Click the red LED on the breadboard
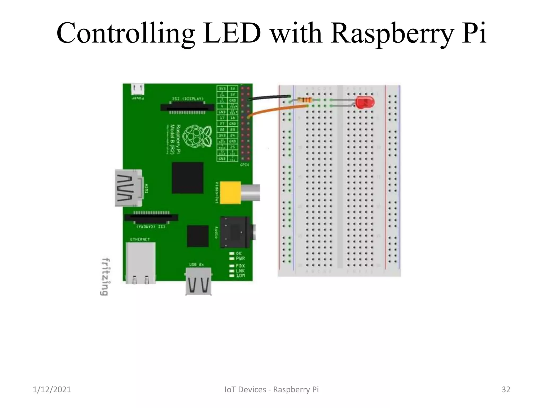(365, 103)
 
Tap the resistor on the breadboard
(304, 100)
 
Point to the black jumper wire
(270, 97)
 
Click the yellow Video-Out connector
(231, 193)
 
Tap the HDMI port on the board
(129, 188)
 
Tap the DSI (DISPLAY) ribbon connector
(187, 107)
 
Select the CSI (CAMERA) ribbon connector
(151, 218)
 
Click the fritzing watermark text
(105, 277)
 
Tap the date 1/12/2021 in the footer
(52, 389)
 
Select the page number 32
(506, 389)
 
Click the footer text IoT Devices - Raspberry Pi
(271, 389)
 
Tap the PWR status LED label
(240, 258)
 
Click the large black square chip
(187, 178)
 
